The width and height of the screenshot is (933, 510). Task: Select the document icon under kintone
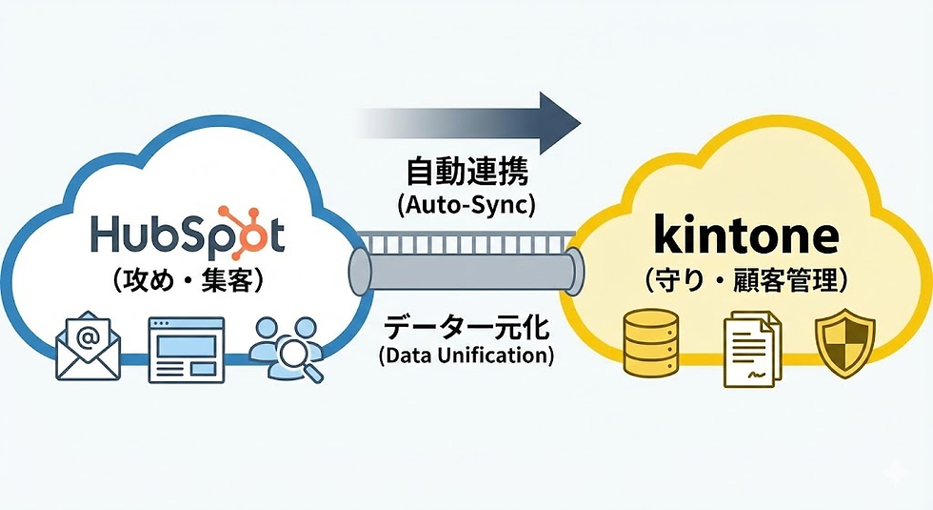tap(750, 350)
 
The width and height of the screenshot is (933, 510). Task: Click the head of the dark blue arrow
tap(560, 122)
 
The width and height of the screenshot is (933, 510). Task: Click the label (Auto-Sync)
tap(466, 207)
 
